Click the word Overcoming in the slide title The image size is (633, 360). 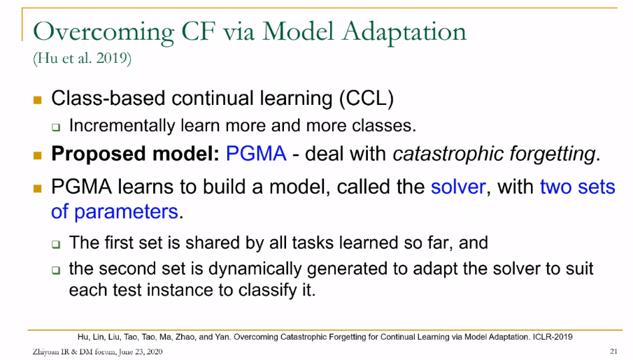[104, 32]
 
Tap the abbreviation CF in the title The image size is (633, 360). [198, 31]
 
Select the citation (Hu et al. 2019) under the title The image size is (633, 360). [83, 59]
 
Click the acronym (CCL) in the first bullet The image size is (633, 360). [366, 99]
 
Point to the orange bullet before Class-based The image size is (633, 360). [38, 100]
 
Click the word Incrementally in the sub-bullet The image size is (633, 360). [122, 126]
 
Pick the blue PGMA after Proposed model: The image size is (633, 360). [257, 154]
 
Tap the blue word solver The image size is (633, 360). [458, 187]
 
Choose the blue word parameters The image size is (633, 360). [127, 213]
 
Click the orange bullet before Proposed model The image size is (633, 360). [38, 155]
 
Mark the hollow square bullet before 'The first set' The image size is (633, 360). [56, 244]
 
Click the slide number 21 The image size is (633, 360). [613, 351]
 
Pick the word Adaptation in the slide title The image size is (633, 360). [404, 32]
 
